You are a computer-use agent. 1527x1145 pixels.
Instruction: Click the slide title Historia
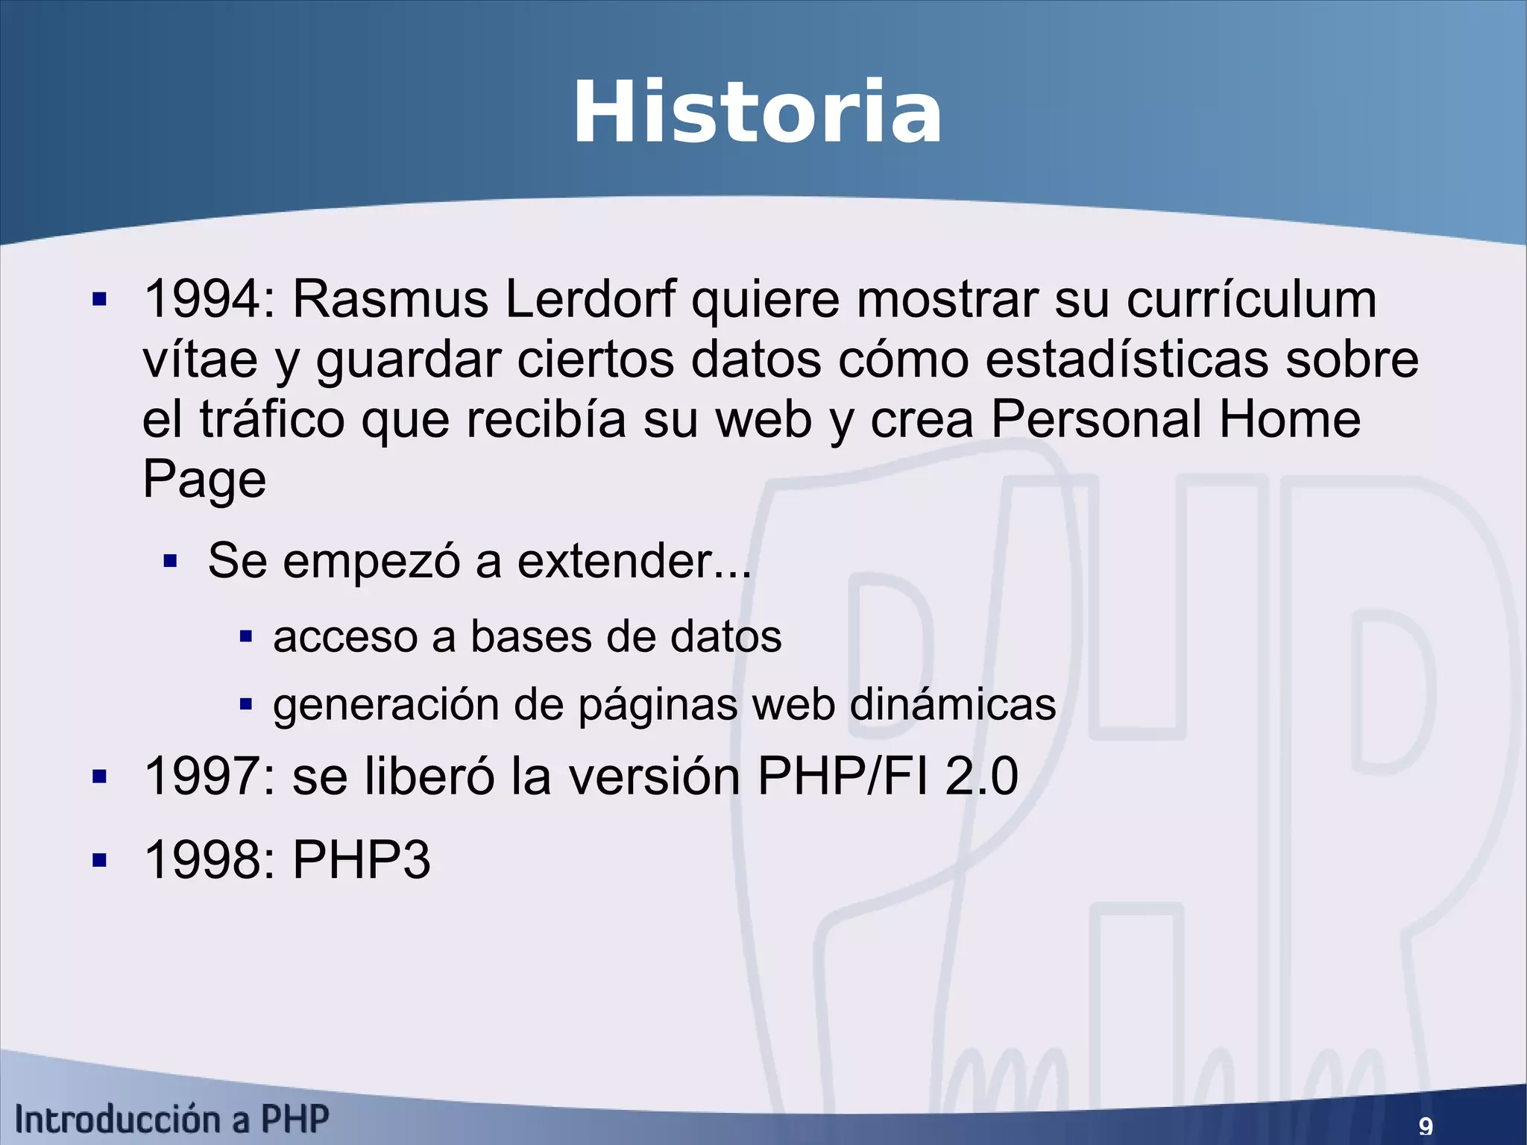(x=757, y=113)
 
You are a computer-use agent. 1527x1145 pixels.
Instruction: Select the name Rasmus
(x=390, y=299)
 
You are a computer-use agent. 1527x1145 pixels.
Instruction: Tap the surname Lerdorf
(x=590, y=299)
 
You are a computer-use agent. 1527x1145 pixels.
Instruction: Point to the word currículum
(x=1251, y=299)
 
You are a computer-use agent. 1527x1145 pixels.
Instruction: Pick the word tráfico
(x=273, y=419)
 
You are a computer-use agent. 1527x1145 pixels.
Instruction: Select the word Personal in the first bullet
(x=1096, y=419)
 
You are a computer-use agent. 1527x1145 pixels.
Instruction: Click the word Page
(x=204, y=480)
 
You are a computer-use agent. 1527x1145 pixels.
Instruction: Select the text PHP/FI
(x=843, y=777)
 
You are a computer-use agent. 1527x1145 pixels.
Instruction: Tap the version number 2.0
(x=981, y=777)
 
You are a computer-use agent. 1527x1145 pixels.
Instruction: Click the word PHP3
(x=361, y=860)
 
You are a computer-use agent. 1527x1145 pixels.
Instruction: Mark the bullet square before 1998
(x=99, y=861)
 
